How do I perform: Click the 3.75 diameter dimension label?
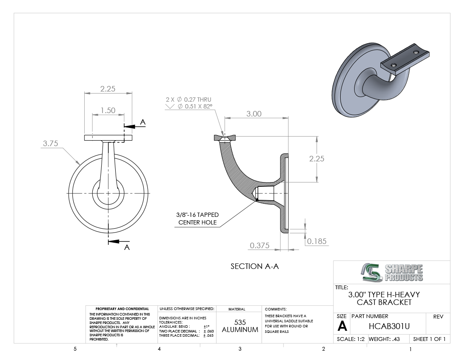pos(50,144)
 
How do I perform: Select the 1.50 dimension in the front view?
pos(108,111)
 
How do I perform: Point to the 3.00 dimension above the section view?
pos(254,114)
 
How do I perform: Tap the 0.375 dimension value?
pos(260,245)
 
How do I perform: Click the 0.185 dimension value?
pos(317,241)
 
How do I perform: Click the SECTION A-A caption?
pos(255,266)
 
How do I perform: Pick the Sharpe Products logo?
pos(392,272)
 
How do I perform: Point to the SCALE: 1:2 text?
pos(351,339)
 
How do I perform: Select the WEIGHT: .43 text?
pos(384,339)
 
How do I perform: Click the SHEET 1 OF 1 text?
pos(429,339)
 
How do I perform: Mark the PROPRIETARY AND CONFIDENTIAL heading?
pos(122,309)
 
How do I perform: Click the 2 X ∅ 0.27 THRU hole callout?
pos(189,100)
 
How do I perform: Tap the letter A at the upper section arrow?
pos(143,122)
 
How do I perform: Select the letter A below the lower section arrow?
pos(127,248)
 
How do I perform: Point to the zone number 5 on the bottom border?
pos(75,349)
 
